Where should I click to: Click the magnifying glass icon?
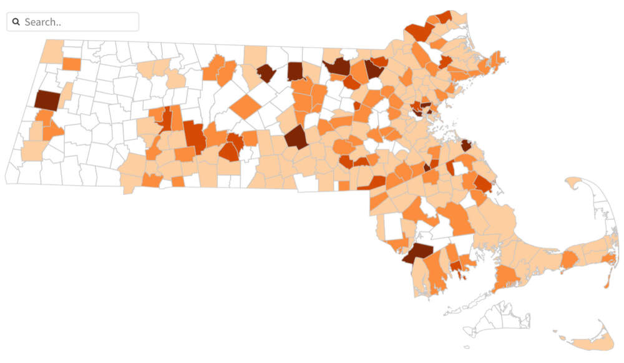(x=16, y=22)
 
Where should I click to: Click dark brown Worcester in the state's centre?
(x=296, y=137)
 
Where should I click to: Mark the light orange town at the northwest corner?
(x=54, y=51)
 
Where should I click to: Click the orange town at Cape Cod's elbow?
(x=608, y=258)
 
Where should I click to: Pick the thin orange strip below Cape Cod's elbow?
(x=607, y=279)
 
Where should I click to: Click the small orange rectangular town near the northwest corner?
(x=72, y=64)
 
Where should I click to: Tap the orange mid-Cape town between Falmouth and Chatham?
(x=569, y=259)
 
